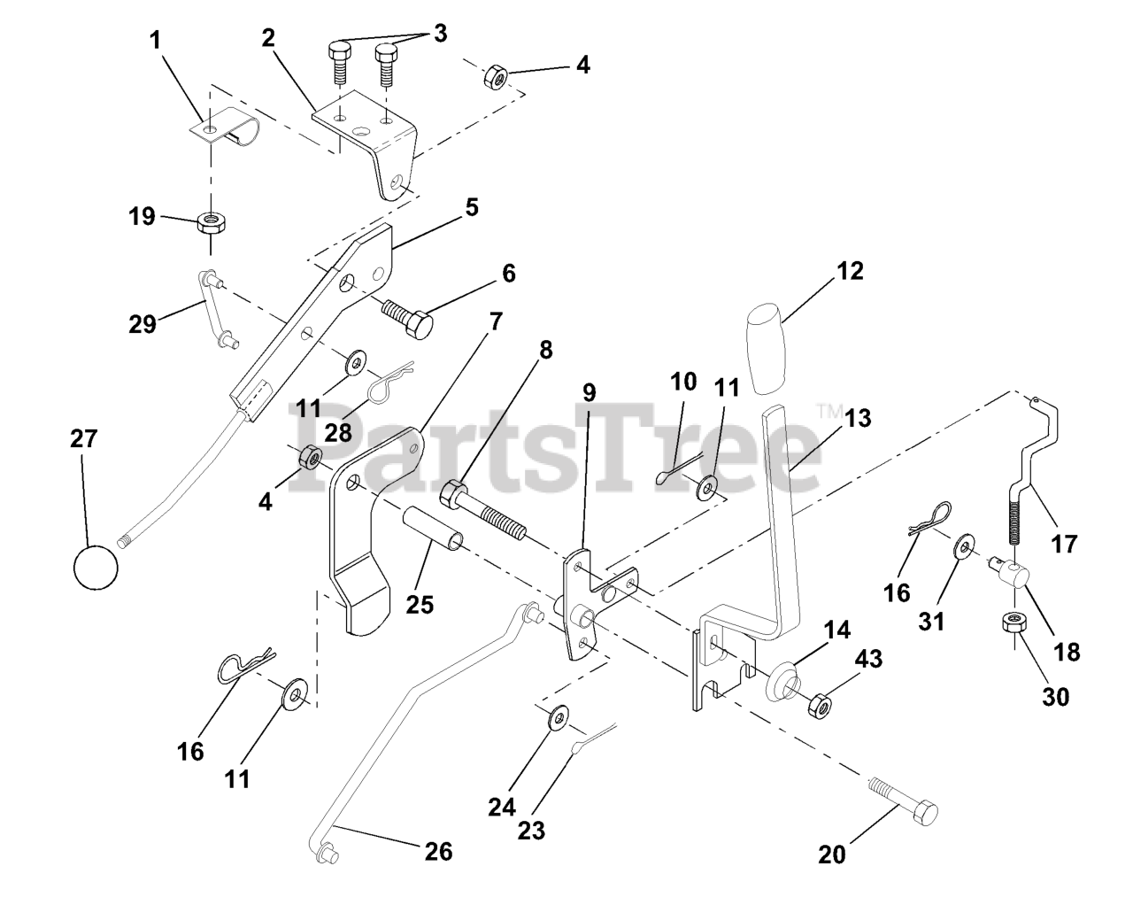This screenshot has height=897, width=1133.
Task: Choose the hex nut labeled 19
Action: pyautogui.click(x=212, y=219)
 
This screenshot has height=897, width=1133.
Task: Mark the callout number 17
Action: pyautogui.click(x=1064, y=542)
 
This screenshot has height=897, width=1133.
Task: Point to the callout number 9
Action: pyautogui.click(x=589, y=391)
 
